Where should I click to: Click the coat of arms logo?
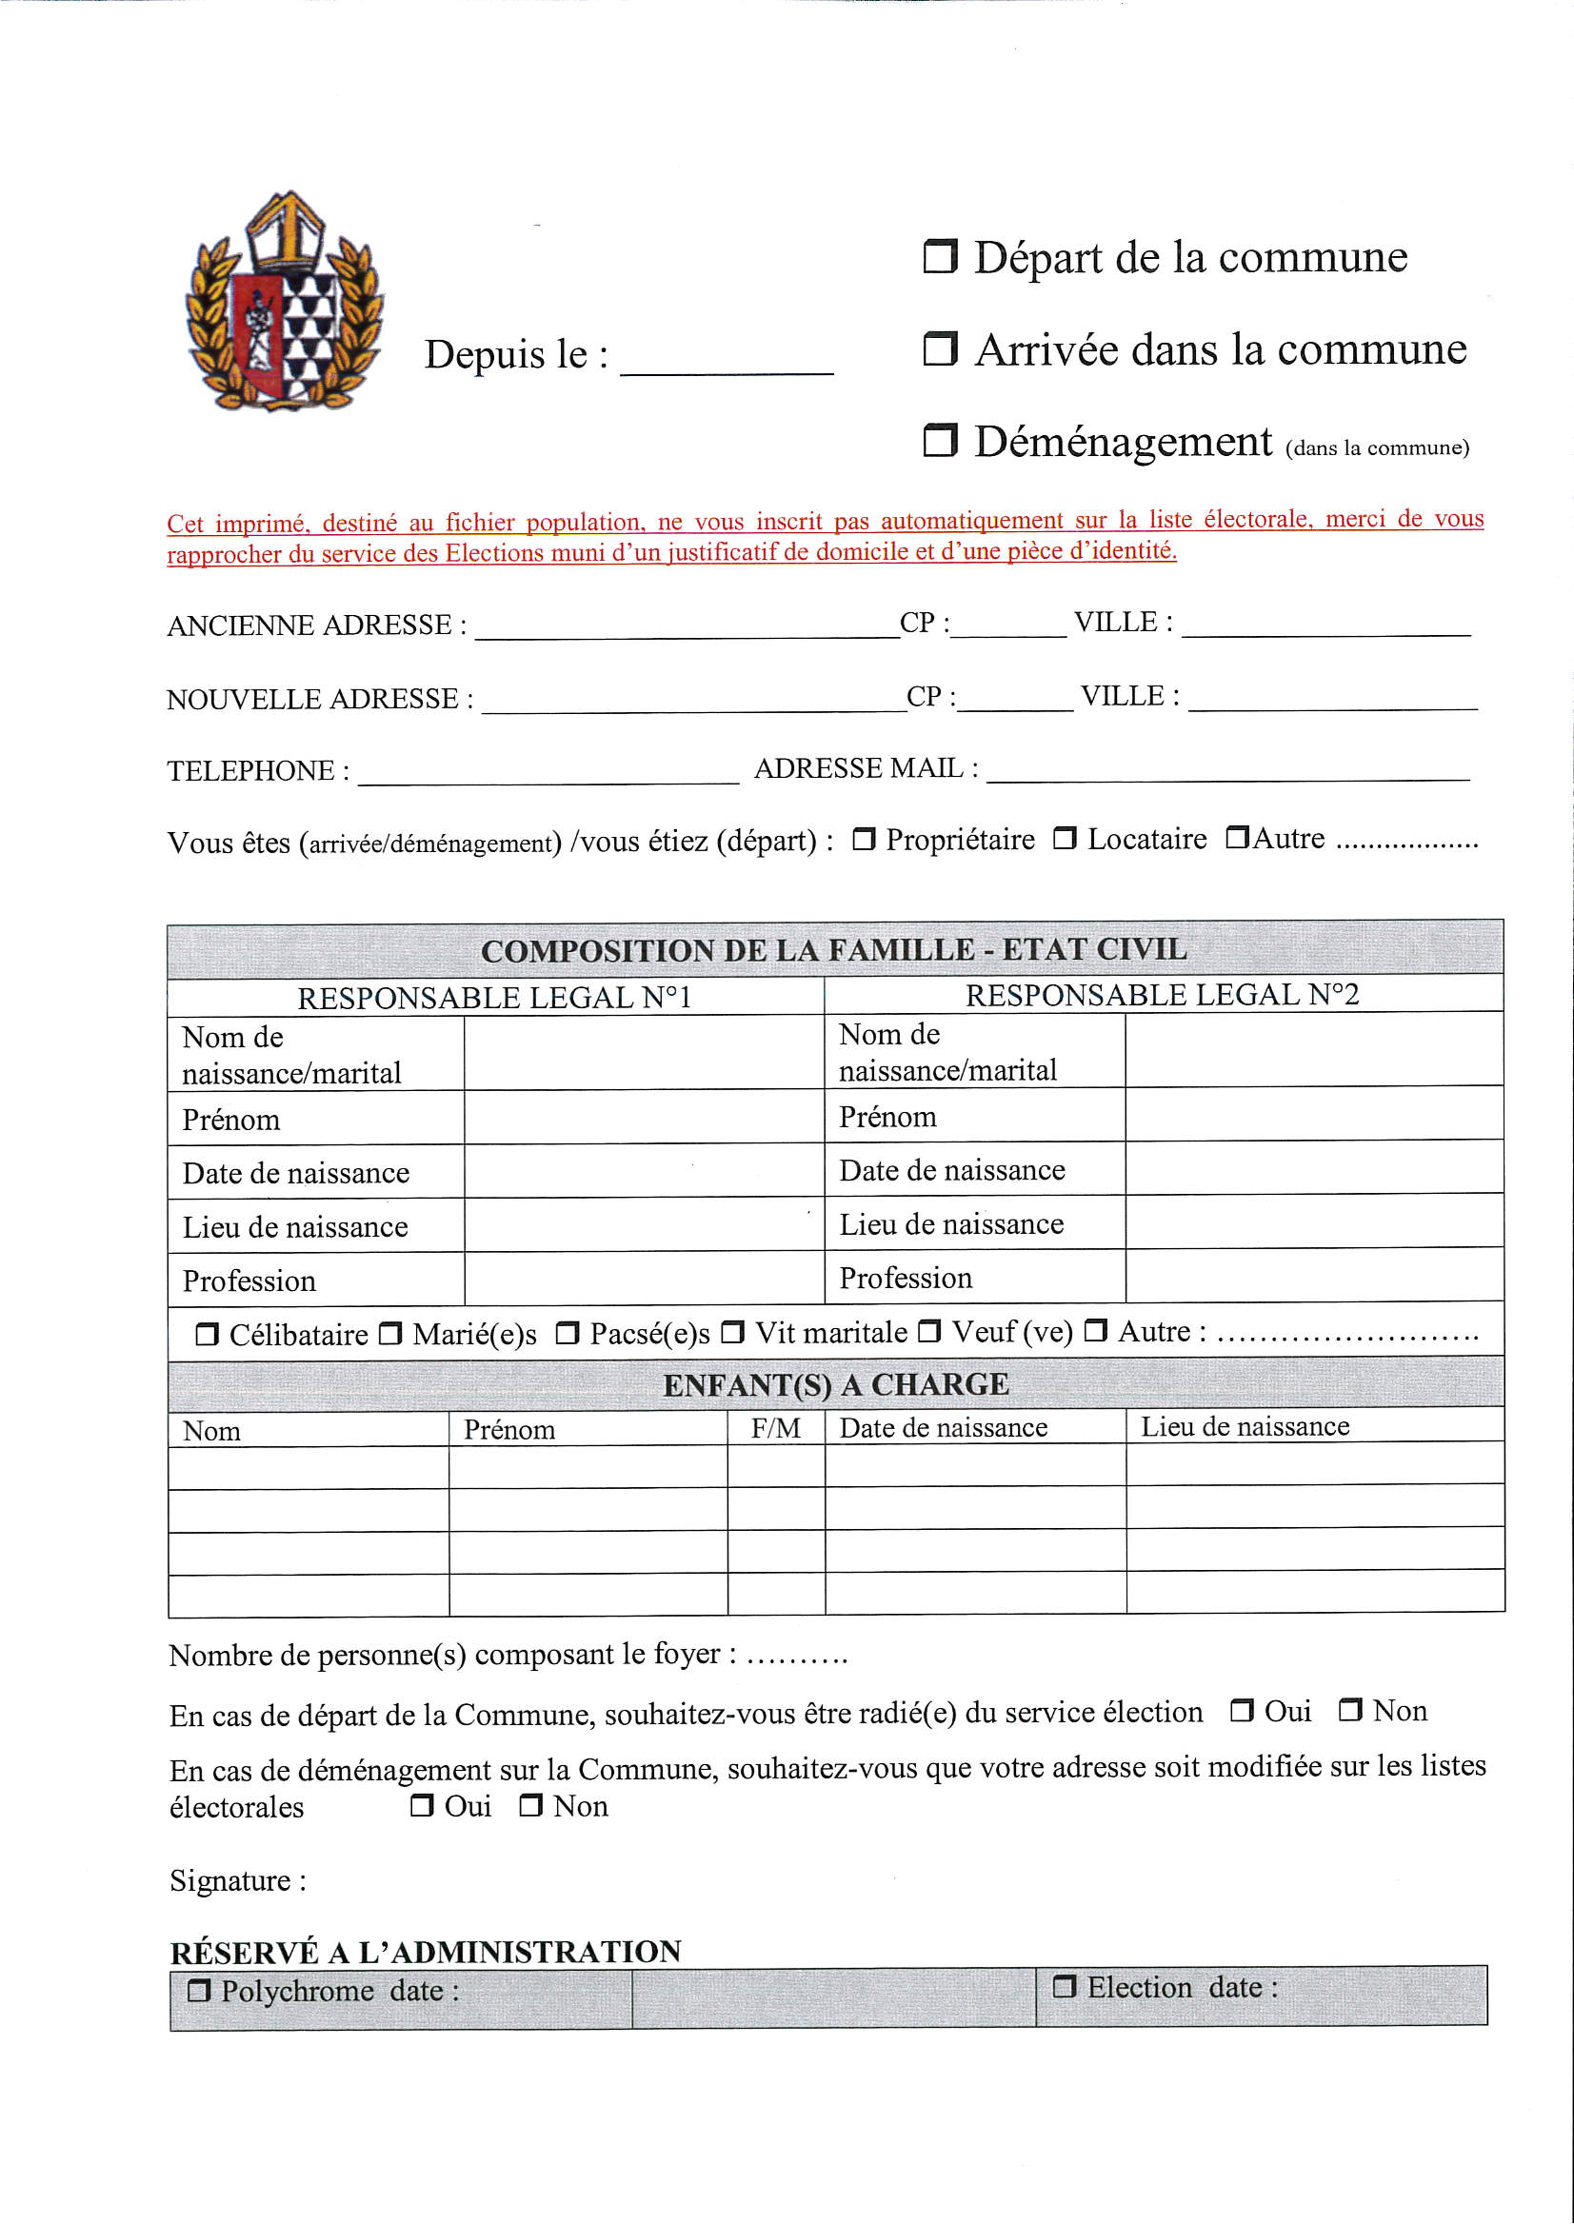tap(284, 303)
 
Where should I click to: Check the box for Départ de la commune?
tap(939, 257)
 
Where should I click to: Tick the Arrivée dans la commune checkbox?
tap(939, 348)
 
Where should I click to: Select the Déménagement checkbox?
tap(939, 441)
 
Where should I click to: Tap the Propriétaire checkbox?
tap(864, 839)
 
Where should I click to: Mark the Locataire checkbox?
tap(1065, 838)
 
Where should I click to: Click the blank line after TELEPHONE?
tap(548, 772)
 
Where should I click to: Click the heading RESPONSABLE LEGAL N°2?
tap(1162, 995)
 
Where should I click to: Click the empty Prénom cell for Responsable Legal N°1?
tap(644, 1119)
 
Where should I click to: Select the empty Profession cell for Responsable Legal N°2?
tap(1313, 1277)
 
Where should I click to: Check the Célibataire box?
tap(207, 1336)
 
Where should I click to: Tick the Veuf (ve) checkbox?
tap(928, 1333)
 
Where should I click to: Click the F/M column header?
tap(775, 1428)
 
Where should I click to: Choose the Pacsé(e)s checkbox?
tap(567, 1335)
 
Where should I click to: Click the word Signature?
tap(230, 1881)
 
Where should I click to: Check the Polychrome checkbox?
tap(199, 1992)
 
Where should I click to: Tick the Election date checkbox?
tap(1065, 1988)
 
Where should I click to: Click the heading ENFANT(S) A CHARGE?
tap(835, 1385)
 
